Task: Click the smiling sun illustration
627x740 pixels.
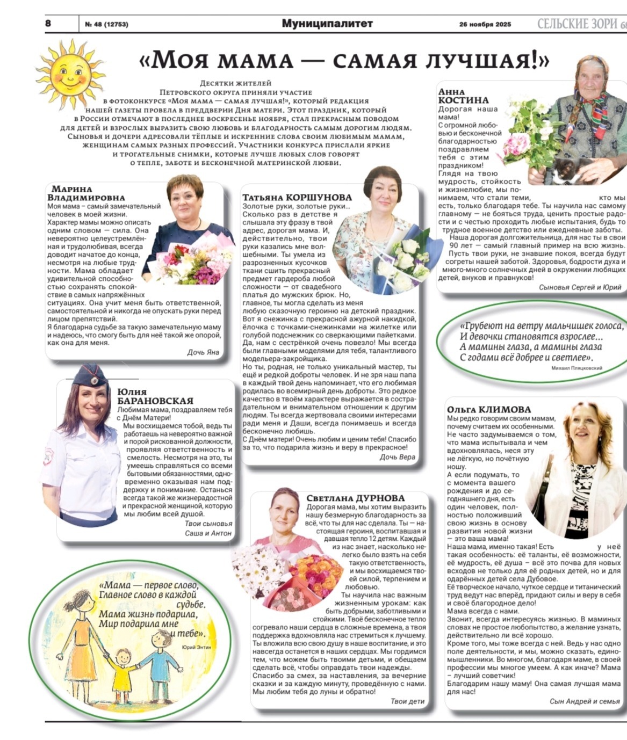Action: pyautogui.click(x=70, y=70)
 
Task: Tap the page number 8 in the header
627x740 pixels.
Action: pyautogui.click(x=48, y=24)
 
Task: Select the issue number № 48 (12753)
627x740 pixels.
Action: pyautogui.click(x=106, y=24)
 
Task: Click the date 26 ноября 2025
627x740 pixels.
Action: pyautogui.click(x=485, y=24)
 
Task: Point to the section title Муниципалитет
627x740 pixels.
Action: pyautogui.click(x=327, y=24)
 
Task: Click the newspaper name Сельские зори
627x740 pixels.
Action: pyautogui.click(x=579, y=24)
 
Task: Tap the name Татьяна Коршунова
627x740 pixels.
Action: pyautogui.click(x=297, y=197)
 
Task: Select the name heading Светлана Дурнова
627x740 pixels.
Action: pyautogui.click(x=356, y=498)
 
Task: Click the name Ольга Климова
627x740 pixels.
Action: pyautogui.click(x=488, y=409)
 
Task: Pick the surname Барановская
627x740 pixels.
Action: pyautogui.click(x=155, y=401)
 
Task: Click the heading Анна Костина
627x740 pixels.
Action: pyautogui.click(x=463, y=96)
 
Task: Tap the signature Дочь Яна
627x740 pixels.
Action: pyautogui.click(x=203, y=352)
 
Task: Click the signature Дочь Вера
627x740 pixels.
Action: pyautogui.click(x=397, y=457)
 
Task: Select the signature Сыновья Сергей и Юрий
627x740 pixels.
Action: pyautogui.click(x=580, y=287)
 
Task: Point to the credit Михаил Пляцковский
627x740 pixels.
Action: pyautogui.click(x=576, y=368)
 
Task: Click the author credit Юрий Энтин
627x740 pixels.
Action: pyautogui.click(x=197, y=647)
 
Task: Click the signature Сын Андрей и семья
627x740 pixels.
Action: pyautogui.click(x=585, y=701)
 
